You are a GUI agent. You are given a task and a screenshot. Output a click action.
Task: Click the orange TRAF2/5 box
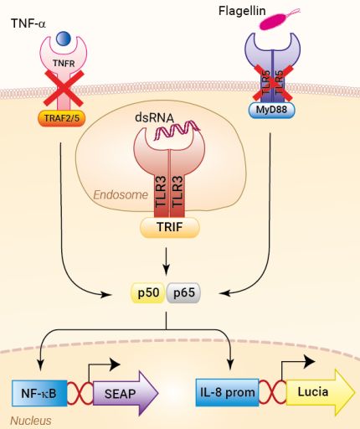64,118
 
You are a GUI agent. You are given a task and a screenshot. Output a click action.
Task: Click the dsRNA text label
155,118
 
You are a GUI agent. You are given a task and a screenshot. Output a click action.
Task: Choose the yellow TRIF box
170,225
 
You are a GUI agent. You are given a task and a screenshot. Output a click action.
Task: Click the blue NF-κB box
39,390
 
